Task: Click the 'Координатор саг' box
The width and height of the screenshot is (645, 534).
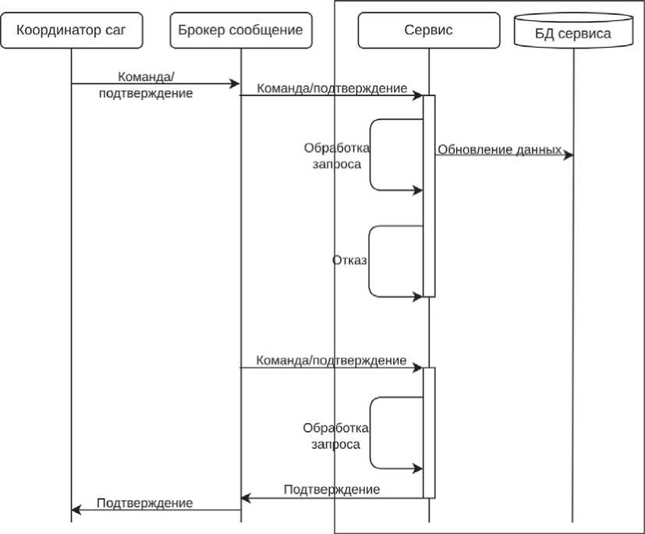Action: [x=70, y=30]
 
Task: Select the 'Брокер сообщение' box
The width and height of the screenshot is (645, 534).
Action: [x=240, y=30]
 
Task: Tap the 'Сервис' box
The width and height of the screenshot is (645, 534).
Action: [x=428, y=30]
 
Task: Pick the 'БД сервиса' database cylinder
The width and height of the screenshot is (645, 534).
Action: [x=573, y=32]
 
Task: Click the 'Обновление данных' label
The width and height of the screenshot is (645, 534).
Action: [x=499, y=149]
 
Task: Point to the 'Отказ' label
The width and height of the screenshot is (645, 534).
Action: [x=349, y=260]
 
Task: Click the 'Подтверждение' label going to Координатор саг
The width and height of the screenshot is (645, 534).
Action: [x=145, y=503]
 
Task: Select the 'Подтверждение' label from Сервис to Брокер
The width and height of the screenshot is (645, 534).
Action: [x=331, y=489]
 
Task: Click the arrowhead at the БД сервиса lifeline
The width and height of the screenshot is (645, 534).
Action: [x=569, y=155]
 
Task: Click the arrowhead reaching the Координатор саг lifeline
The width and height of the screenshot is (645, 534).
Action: [x=76, y=510]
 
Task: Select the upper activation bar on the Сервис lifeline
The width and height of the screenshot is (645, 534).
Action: [x=428, y=195]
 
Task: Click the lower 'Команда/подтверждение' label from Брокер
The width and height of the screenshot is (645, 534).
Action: [x=331, y=360]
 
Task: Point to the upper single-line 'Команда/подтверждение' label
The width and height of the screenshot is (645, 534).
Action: [x=331, y=88]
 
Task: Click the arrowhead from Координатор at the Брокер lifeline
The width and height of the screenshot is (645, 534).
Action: [x=234, y=84]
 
